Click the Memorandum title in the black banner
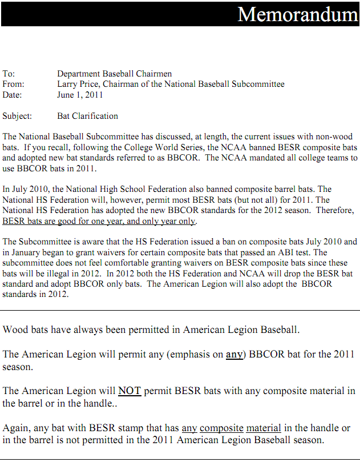(x=297, y=14)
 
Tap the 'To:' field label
(x=9, y=74)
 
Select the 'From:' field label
(x=13, y=84)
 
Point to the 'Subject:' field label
(x=17, y=116)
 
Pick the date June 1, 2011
(x=80, y=95)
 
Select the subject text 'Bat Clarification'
(x=87, y=116)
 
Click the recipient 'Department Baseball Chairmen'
(x=114, y=74)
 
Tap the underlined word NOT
(x=130, y=391)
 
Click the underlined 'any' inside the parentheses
(x=234, y=354)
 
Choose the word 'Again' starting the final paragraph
(x=16, y=428)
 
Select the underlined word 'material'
(x=263, y=428)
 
